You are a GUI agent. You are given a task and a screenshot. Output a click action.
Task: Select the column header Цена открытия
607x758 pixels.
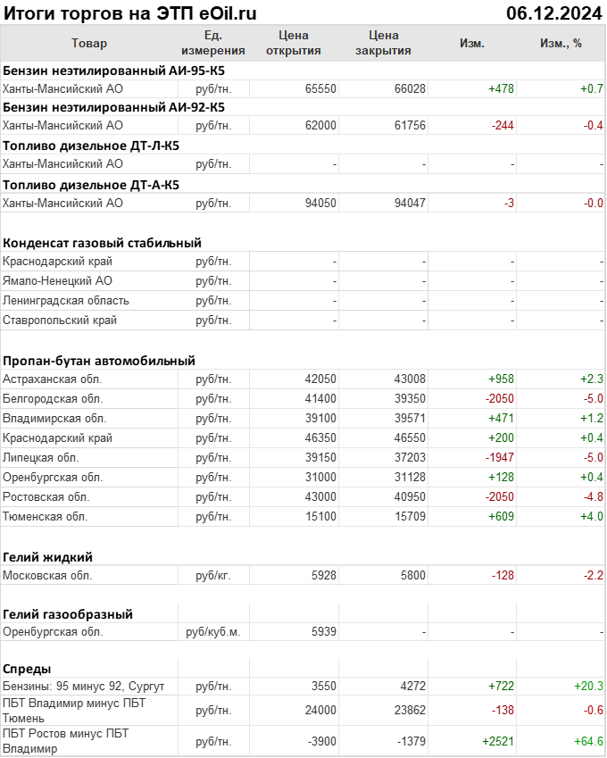294,43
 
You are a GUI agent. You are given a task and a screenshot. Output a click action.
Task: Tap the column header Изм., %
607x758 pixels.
561,43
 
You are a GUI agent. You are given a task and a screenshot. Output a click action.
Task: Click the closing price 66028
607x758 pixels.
410,88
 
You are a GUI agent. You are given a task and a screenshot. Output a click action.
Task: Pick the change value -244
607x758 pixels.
503,126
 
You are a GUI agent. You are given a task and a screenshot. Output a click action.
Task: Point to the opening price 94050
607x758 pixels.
320,203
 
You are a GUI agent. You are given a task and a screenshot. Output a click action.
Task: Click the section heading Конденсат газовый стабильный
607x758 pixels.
102,242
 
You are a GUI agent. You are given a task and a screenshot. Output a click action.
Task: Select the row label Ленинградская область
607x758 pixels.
66,300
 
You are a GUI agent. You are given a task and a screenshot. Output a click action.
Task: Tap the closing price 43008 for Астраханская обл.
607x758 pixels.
410,379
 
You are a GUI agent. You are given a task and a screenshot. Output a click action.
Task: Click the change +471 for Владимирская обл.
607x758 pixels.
501,418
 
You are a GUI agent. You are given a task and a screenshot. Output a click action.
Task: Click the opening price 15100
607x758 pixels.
320,516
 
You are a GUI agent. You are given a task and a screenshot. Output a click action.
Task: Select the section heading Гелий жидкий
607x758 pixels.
47,556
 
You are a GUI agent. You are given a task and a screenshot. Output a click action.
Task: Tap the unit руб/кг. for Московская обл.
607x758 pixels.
212,575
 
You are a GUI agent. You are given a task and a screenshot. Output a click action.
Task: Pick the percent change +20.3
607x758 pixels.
588,686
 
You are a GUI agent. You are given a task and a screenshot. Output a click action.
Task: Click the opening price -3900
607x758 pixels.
320,741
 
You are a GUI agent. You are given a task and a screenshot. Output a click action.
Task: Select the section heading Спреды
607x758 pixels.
27,668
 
